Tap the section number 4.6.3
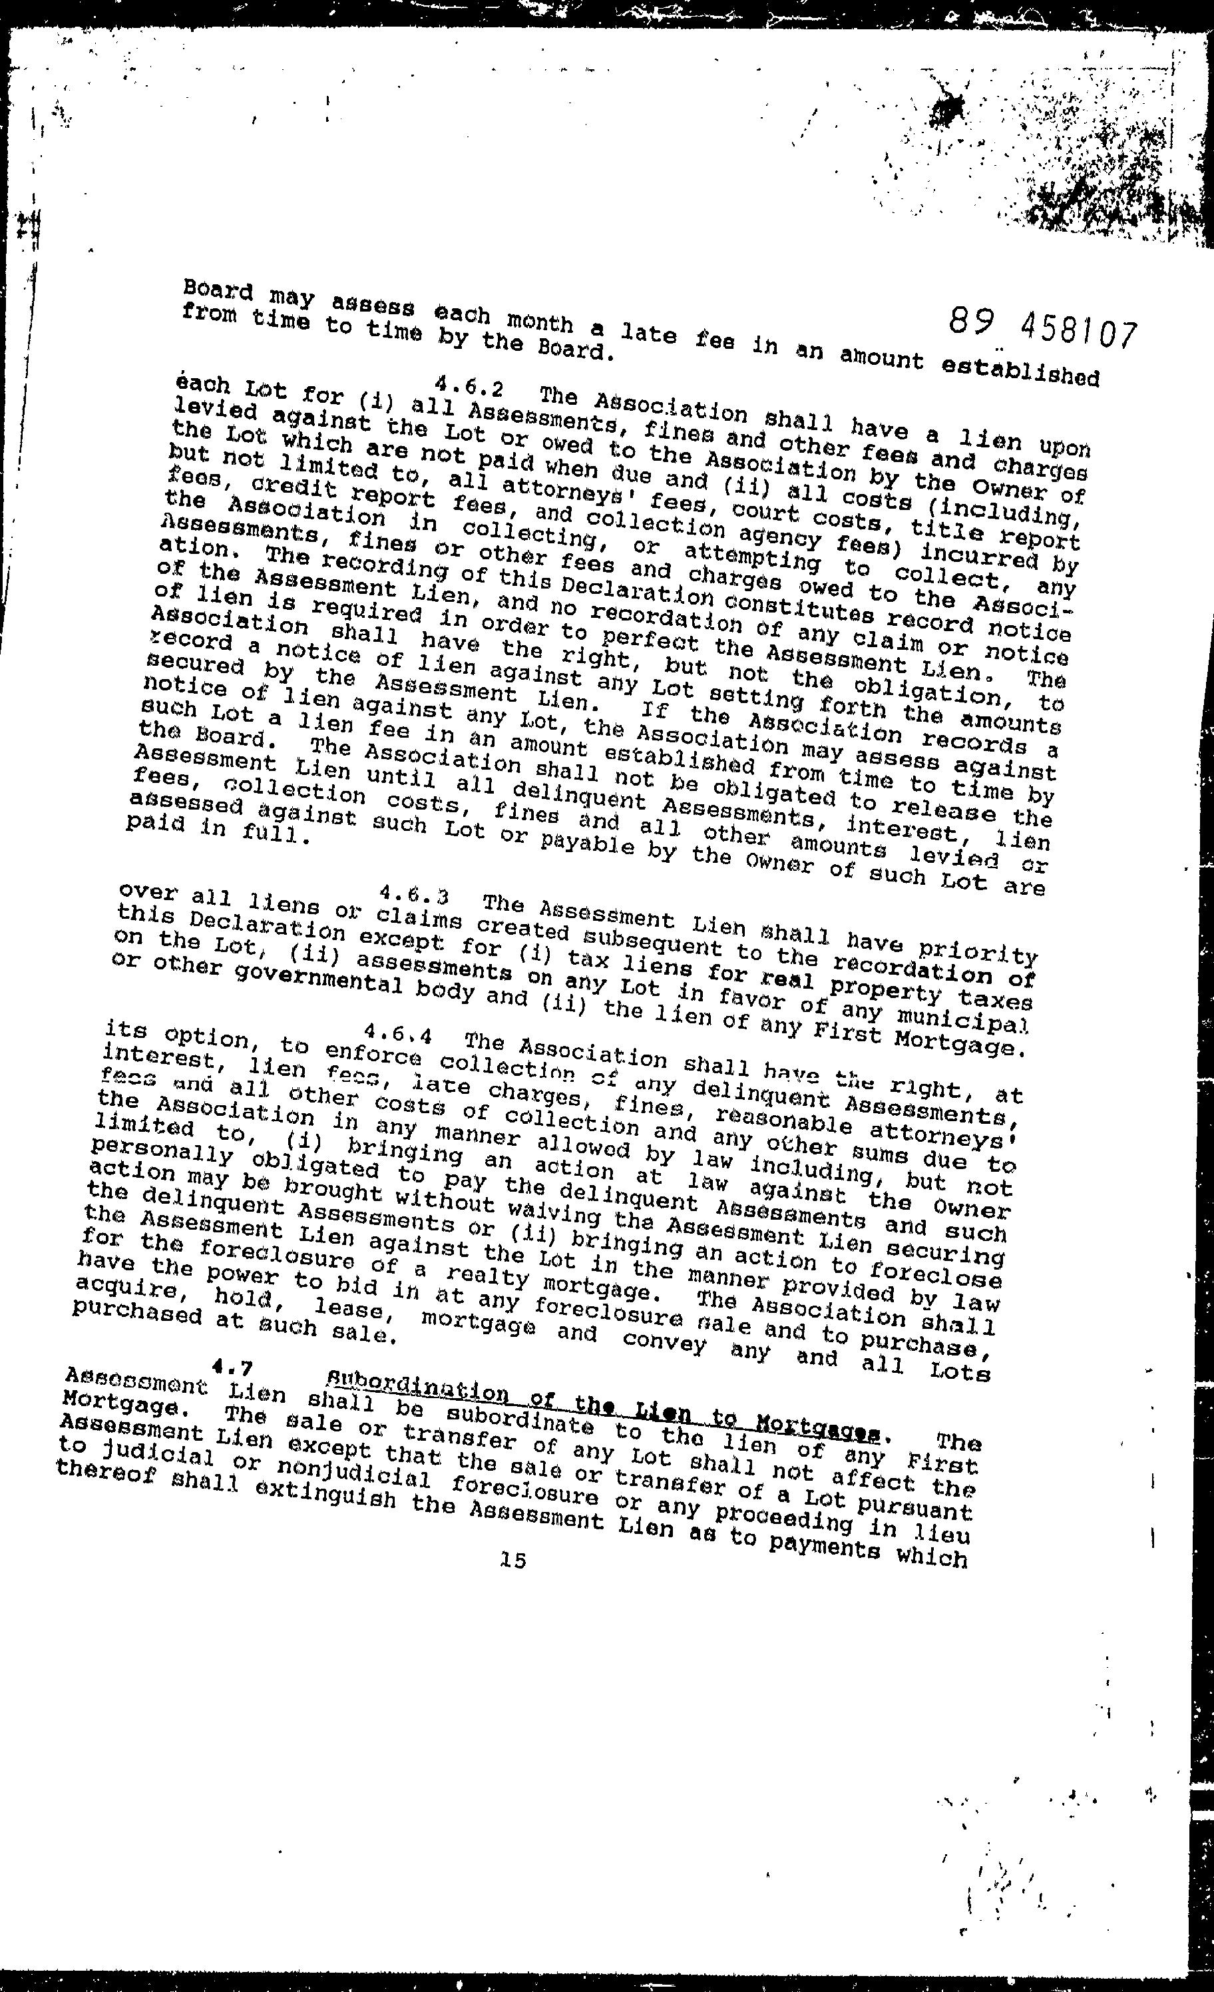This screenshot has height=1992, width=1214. [x=413, y=895]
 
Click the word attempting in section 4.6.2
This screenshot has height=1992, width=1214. [x=751, y=558]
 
